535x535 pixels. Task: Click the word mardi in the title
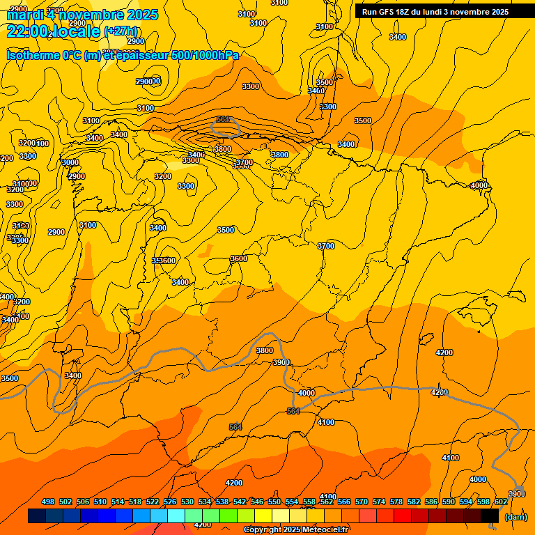(x=26, y=15)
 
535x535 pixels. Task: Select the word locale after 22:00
(x=77, y=31)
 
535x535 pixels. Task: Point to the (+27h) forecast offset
(x=121, y=31)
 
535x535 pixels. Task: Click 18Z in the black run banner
(x=401, y=12)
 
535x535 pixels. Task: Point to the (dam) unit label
(x=515, y=517)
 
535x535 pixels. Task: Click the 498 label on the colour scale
(x=48, y=502)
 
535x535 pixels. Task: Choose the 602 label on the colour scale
(x=501, y=502)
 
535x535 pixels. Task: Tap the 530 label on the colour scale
(x=187, y=502)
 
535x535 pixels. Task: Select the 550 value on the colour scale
(x=274, y=502)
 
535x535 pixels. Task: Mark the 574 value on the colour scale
(x=379, y=502)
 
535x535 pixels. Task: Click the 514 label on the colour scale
(x=118, y=502)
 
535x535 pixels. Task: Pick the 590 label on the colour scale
(x=449, y=502)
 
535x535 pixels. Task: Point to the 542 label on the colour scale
(x=240, y=502)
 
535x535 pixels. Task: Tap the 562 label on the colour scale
(x=327, y=502)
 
